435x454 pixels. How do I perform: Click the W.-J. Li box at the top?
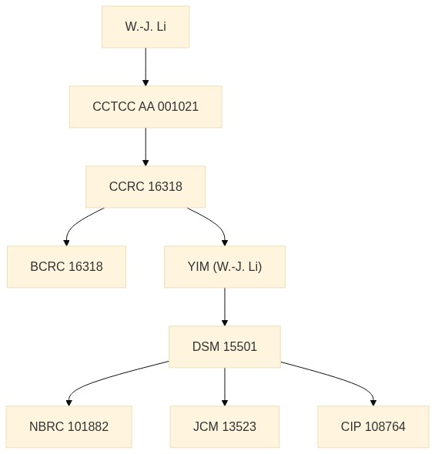(146, 27)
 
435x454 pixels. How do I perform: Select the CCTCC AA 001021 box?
(146, 106)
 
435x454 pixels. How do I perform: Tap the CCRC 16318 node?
(146, 186)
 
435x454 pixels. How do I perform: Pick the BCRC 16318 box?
(67, 267)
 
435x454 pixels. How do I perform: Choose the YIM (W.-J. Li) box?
(225, 267)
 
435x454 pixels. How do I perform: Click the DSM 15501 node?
(225, 346)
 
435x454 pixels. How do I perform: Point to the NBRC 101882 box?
(69, 426)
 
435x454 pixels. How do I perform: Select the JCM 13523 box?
(225, 426)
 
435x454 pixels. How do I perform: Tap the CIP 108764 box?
(373, 426)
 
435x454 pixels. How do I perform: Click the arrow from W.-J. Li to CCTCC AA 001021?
(146, 67)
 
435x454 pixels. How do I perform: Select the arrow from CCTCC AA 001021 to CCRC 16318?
(146, 146)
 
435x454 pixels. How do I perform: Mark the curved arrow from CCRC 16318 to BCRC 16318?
(76, 223)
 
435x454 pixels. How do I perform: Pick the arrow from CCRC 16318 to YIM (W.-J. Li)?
(215, 222)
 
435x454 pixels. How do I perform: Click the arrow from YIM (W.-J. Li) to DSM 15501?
(225, 306)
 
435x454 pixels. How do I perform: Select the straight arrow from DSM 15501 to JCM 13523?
(225, 386)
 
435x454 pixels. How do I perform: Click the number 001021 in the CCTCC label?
(178, 106)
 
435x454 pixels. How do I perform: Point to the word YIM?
(199, 267)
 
